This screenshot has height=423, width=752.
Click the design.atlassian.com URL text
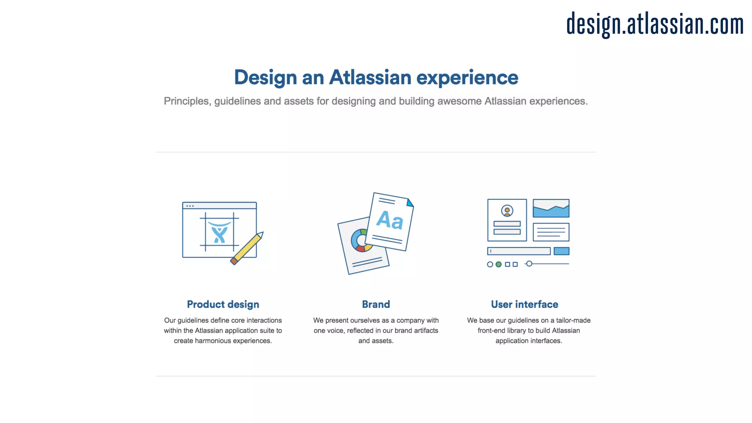(x=655, y=24)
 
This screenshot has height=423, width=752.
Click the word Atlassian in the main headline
(x=370, y=77)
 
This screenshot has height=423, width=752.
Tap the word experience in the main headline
(x=467, y=77)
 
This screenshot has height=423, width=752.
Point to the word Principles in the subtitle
(x=187, y=101)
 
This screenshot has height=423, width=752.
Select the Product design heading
(x=223, y=304)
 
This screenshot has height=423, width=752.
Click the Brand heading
(x=376, y=304)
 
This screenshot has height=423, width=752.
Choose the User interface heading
(x=524, y=304)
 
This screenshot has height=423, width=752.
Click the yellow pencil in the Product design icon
(x=247, y=249)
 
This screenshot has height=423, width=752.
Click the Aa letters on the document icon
(x=390, y=220)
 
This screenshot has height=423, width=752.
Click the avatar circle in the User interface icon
(x=507, y=211)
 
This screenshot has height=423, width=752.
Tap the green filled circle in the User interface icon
(x=499, y=264)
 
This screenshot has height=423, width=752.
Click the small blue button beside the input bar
(x=561, y=251)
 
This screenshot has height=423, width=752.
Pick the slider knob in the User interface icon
(x=529, y=264)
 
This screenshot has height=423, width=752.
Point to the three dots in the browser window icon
(x=190, y=206)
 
